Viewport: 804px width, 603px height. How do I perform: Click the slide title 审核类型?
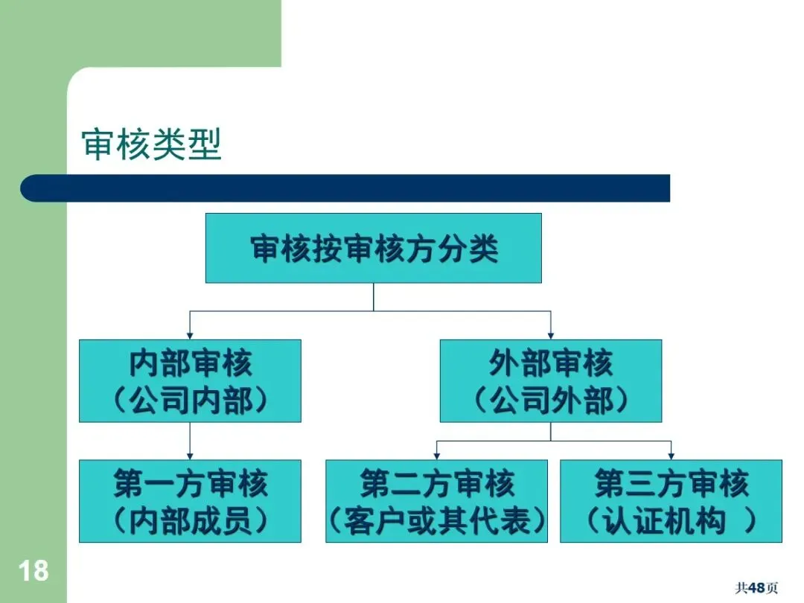152,144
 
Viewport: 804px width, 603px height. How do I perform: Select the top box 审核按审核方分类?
373,248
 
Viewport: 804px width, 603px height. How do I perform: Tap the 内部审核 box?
190,380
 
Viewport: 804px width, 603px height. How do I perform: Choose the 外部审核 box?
550,380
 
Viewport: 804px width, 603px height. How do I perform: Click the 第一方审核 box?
190,500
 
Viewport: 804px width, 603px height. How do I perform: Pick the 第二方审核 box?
436,500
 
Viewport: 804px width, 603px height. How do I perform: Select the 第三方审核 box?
671,500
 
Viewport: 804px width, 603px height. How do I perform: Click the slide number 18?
33,571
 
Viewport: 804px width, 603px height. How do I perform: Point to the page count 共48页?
756,588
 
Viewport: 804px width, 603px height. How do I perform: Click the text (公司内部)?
190,401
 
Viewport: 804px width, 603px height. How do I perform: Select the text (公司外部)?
550,401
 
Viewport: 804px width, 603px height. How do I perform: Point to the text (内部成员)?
190,521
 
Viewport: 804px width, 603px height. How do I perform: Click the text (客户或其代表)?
436,521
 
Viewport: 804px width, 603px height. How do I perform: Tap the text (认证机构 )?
671,521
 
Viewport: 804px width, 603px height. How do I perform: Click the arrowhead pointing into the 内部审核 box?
190,336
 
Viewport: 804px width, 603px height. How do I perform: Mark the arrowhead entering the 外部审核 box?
550,336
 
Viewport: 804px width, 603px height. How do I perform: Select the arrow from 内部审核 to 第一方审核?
190,441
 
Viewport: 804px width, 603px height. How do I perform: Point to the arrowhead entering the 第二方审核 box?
436,456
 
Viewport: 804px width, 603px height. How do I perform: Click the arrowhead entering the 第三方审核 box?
671,456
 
